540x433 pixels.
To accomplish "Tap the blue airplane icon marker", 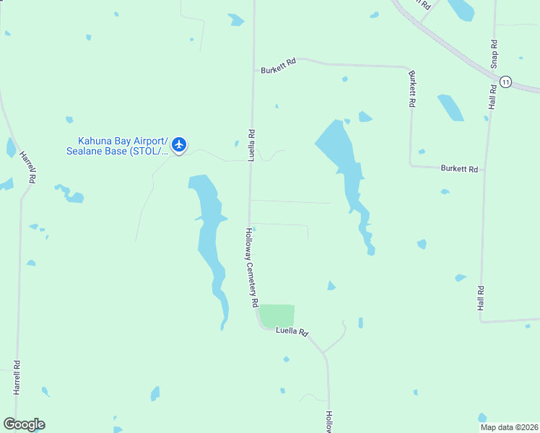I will point(179,145).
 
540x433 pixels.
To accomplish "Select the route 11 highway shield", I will point(505,82).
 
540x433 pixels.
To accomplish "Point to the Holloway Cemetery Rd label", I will point(251,268).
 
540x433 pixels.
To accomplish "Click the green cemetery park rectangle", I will point(277,315).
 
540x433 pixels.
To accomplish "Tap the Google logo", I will point(24,424).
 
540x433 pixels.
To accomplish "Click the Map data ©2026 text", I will point(509,427).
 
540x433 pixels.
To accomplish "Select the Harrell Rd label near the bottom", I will point(16,377).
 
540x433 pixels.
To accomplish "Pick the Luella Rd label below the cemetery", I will point(292,332).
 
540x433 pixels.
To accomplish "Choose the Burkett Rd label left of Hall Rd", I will point(459,169).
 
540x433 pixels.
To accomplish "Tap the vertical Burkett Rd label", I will point(411,89).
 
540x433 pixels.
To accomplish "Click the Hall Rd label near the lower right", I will point(481,298).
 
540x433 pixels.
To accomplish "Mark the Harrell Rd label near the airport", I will point(28,166).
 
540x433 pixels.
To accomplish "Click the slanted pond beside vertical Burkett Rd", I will point(450,108).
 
